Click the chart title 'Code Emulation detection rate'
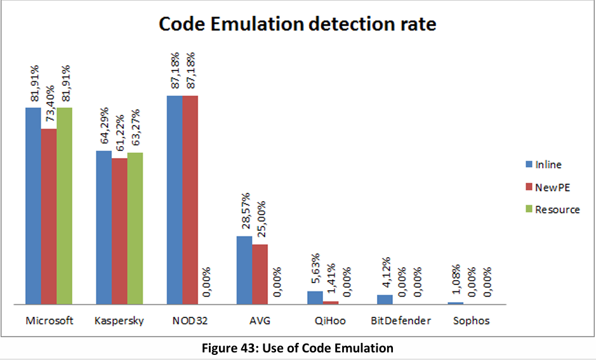[297, 24]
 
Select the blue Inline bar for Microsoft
[34, 206]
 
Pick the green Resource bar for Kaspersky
[135, 229]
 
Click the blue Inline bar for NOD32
[175, 200]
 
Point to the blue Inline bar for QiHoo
[315, 298]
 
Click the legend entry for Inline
[547, 164]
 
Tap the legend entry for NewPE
[550, 187]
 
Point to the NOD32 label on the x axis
[190, 321]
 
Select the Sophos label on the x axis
[471, 321]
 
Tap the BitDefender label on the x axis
[401, 321]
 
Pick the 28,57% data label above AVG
[246, 213]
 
